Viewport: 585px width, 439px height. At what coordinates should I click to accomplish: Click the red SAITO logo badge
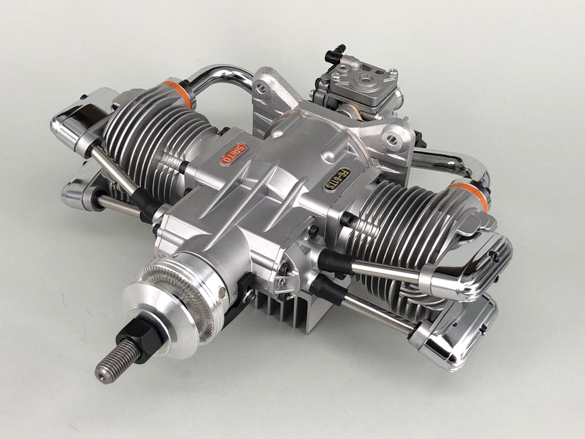233,154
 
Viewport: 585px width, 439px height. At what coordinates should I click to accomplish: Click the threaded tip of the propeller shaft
113,361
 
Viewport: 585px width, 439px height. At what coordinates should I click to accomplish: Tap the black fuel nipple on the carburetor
335,54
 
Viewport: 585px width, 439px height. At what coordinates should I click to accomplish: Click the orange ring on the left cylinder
181,93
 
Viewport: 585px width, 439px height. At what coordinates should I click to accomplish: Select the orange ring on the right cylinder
471,195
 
